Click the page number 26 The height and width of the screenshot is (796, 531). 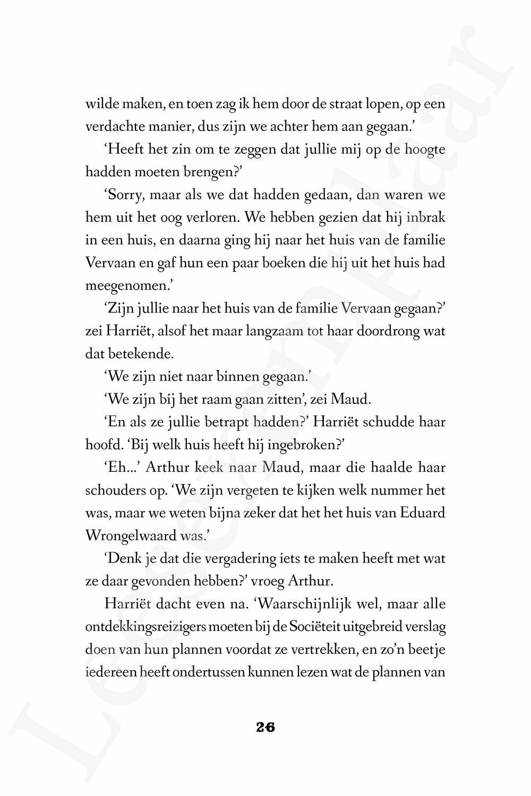pos(265,728)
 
